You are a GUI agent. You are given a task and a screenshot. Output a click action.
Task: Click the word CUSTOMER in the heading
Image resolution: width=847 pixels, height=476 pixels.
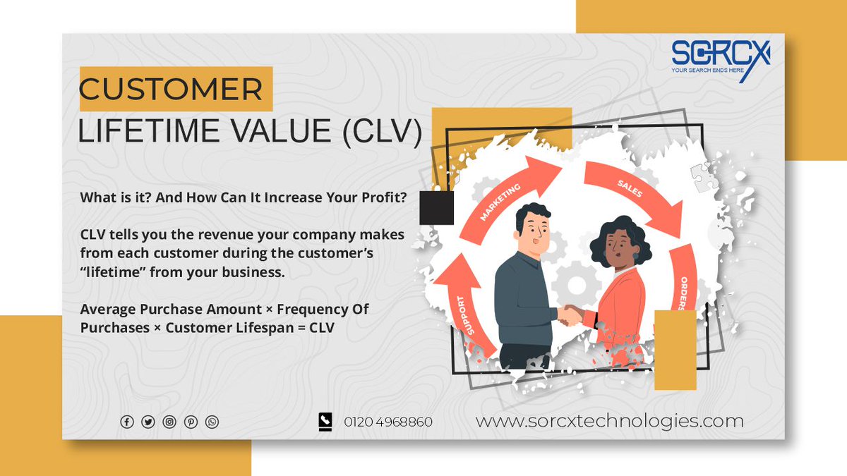[171, 90]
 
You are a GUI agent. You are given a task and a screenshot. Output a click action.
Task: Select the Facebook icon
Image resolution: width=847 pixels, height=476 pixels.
[127, 422]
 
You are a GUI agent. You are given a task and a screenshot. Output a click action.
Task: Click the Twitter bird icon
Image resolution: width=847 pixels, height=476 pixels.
[148, 422]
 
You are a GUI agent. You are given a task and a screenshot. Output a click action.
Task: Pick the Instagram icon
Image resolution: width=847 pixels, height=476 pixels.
[169, 422]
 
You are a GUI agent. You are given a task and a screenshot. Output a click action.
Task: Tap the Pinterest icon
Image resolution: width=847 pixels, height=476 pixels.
[191, 422]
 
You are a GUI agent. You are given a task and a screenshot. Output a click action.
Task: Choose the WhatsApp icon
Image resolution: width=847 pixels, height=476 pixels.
[212, 422]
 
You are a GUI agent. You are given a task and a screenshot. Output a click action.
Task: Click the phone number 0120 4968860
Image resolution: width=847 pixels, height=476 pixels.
[388, 422]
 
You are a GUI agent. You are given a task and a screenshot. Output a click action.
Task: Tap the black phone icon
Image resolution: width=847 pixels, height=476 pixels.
[325, 421]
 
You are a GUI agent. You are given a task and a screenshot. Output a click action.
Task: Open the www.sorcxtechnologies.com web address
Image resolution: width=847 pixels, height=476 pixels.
[609, 421]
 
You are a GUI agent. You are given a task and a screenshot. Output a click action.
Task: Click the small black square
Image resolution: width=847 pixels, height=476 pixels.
[436, 208]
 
